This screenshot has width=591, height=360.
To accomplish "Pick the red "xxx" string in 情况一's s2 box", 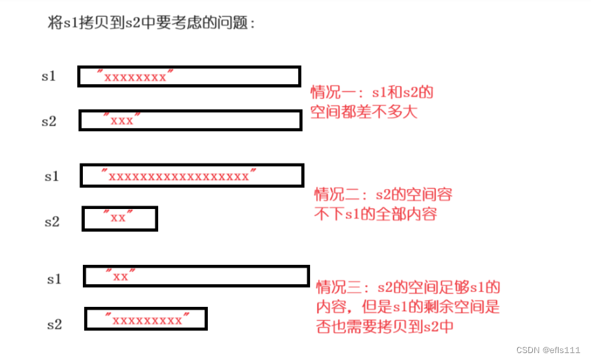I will [122, 120].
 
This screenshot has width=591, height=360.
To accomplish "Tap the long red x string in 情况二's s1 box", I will [178, 176].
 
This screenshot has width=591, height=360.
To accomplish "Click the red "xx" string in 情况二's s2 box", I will [118, 218].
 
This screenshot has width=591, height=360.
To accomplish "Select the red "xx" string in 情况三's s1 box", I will [120, 277].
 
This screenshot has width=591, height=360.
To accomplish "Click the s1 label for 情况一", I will [48, 76].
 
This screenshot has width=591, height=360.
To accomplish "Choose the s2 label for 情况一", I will [48, 121].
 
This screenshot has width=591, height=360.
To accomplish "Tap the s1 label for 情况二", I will [52, 177].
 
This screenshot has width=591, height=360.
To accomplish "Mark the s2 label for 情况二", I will [52, 221].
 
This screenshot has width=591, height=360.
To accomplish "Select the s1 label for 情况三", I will [55, 279].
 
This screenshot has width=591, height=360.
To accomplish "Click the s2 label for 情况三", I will [55, 323].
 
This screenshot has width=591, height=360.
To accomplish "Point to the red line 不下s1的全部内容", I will [376, 214].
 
